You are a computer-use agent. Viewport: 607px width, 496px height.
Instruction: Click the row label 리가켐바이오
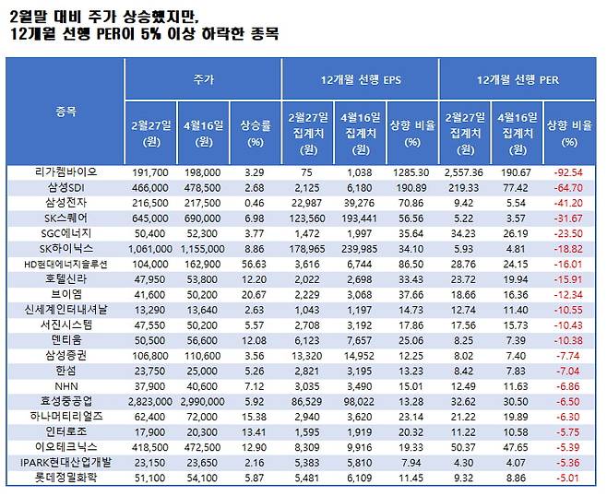[x=65, y=171]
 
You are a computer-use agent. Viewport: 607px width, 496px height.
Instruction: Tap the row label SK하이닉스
[x=65, y=248]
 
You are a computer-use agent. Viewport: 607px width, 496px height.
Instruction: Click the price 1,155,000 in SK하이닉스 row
[x=201, y=248]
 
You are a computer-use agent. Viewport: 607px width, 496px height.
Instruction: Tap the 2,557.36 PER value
[x=464, y=171]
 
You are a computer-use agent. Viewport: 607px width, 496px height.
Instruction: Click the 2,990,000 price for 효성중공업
[x=201, y=401]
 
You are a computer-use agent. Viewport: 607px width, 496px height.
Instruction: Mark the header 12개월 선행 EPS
[x=359, y=81]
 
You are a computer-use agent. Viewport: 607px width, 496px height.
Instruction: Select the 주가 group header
[x=203, y=81]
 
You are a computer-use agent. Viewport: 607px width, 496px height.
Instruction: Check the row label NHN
[x=65, y=385]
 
